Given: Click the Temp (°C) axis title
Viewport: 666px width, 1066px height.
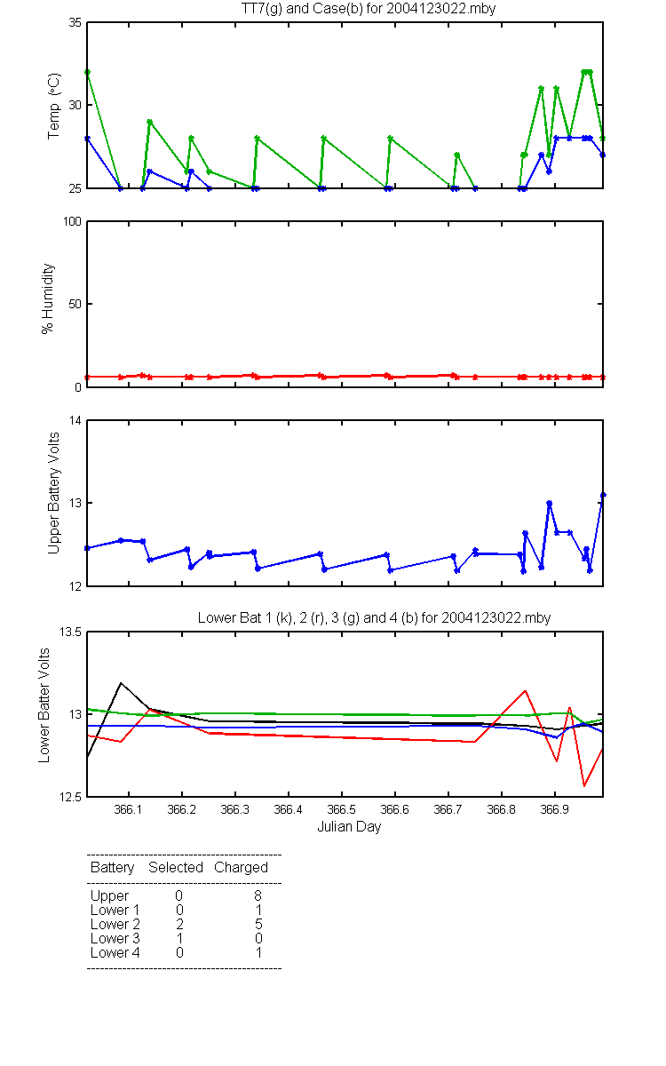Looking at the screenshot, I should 54,105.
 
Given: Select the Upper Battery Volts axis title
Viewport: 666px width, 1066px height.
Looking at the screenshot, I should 54,492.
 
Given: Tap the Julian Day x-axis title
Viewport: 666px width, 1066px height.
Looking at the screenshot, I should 349,826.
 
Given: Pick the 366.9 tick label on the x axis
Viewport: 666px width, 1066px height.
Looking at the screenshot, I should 555,809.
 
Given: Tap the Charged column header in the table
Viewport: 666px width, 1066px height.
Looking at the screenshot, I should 241,867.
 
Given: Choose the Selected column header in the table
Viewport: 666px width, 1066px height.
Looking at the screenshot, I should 176,867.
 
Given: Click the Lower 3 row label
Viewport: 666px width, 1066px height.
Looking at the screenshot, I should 115,938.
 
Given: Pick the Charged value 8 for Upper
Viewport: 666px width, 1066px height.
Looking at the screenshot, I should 258,895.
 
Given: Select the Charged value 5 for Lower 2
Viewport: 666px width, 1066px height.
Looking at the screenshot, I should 258,924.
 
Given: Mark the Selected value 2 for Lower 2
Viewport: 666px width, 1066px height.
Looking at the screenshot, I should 179,924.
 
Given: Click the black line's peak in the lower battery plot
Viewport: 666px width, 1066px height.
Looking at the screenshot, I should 121,683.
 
